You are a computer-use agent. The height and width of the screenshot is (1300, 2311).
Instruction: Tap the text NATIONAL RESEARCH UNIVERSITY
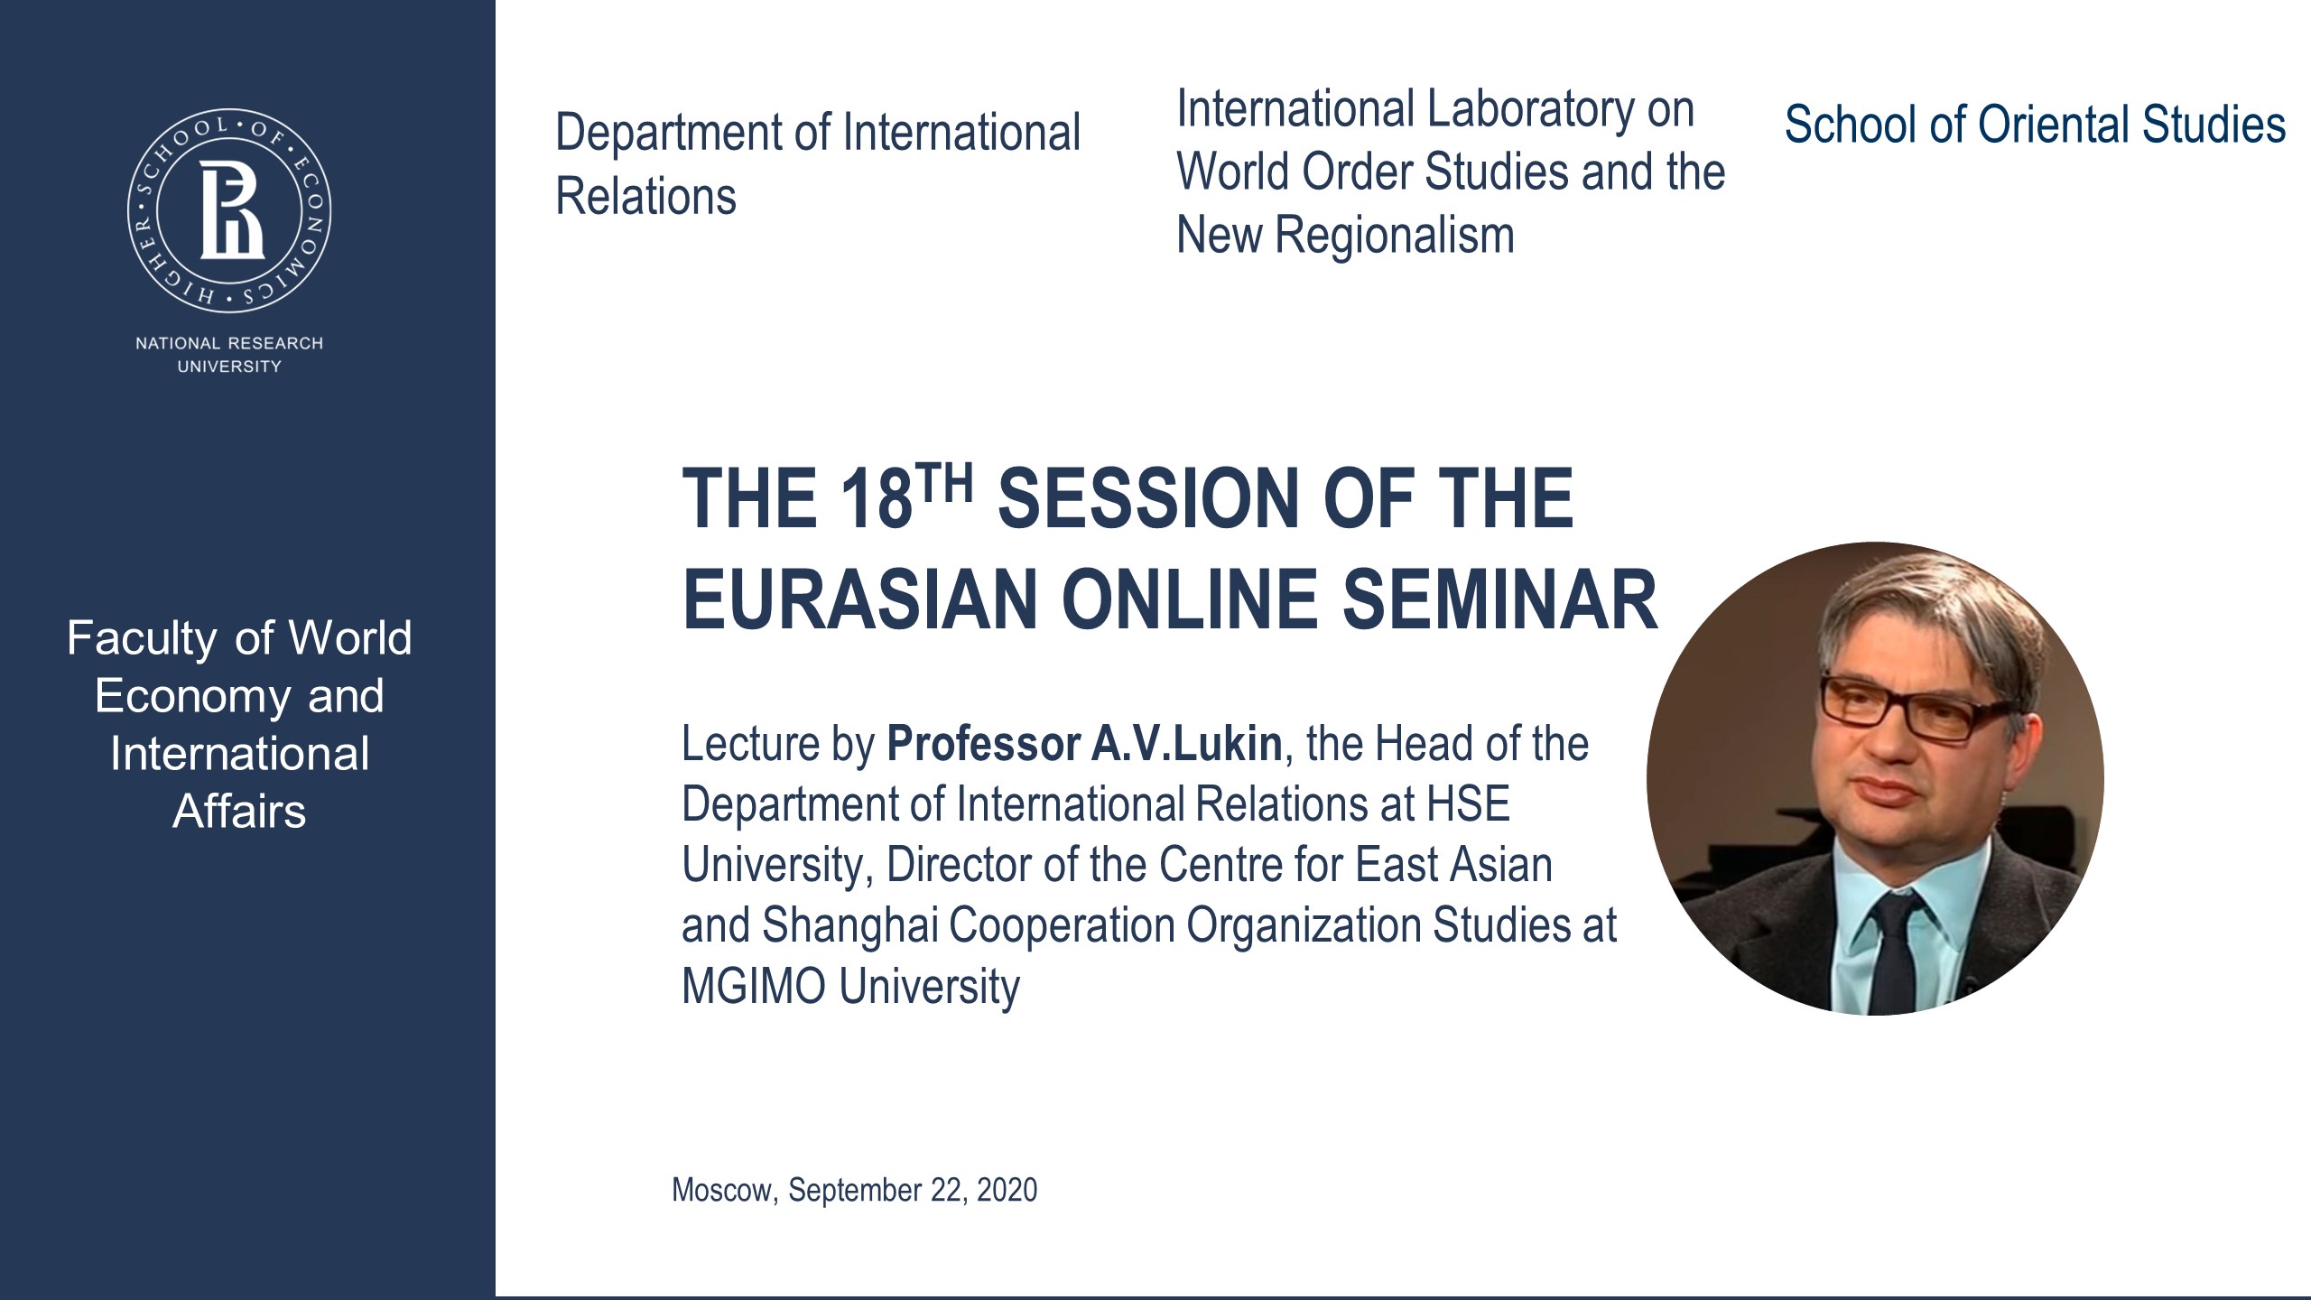click(x=229, y=355)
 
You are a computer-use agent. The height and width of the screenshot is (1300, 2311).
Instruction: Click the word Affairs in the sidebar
click(x=239, y=812)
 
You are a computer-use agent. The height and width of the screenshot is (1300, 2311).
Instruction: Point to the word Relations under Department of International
click(x=645, y=197)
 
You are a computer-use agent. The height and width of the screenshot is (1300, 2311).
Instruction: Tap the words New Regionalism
click(x=1345, y=236)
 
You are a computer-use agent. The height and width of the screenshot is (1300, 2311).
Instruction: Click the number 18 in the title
click(x=876, y=499)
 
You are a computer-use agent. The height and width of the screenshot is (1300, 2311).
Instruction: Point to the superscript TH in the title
click(x=944, y=482)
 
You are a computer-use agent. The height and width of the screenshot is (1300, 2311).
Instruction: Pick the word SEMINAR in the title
click(x=1499, y=600)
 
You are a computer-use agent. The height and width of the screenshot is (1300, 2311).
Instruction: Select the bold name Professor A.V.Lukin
click(x=1083, y=745)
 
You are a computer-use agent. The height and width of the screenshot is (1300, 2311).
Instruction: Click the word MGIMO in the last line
click(x=753, y=986)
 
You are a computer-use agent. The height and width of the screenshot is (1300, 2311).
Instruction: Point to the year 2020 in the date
click(x=1007, y=1190)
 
